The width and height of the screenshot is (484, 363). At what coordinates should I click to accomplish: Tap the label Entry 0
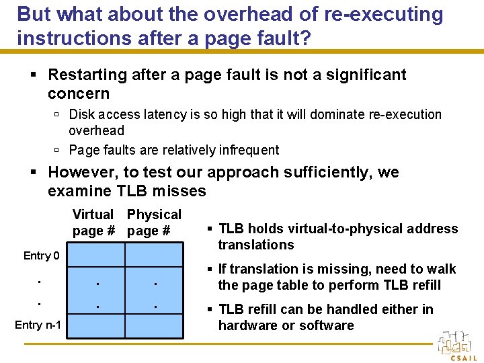(x=41, y=255)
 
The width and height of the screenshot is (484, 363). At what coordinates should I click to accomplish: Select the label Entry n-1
(x=38, y=325)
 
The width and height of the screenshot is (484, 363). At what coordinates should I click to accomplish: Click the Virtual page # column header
(x=93, y=223)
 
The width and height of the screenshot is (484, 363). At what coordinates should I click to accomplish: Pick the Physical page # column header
(x=154, y=223)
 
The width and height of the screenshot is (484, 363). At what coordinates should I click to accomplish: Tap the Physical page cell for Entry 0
(x=154, y=256)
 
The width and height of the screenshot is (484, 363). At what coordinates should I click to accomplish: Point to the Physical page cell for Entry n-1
(x=154, y=325)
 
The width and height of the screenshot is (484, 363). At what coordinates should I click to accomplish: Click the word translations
(x=256, y=245)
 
